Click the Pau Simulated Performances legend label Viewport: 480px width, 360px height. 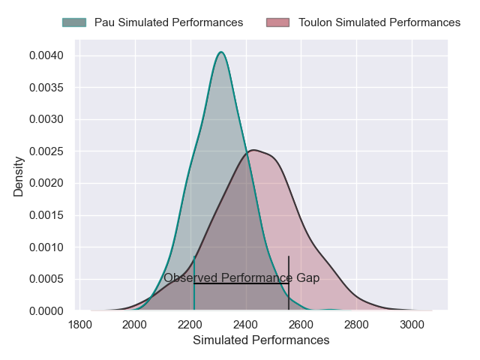[x=169, y=22]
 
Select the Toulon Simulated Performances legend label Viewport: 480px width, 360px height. [x=379, y=22]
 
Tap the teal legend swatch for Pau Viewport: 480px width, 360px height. [x=74, y=22]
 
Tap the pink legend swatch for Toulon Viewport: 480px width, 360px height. [x=278, y=22]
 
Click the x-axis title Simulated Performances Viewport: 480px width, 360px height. [x=261, y=340]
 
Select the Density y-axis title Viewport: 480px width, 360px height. [x=19, y=181]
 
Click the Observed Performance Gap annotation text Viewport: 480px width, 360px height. [x=241, y=278]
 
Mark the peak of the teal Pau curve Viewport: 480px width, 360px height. [x=221, y=52]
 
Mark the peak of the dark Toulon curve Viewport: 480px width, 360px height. [x=253, y=150]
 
